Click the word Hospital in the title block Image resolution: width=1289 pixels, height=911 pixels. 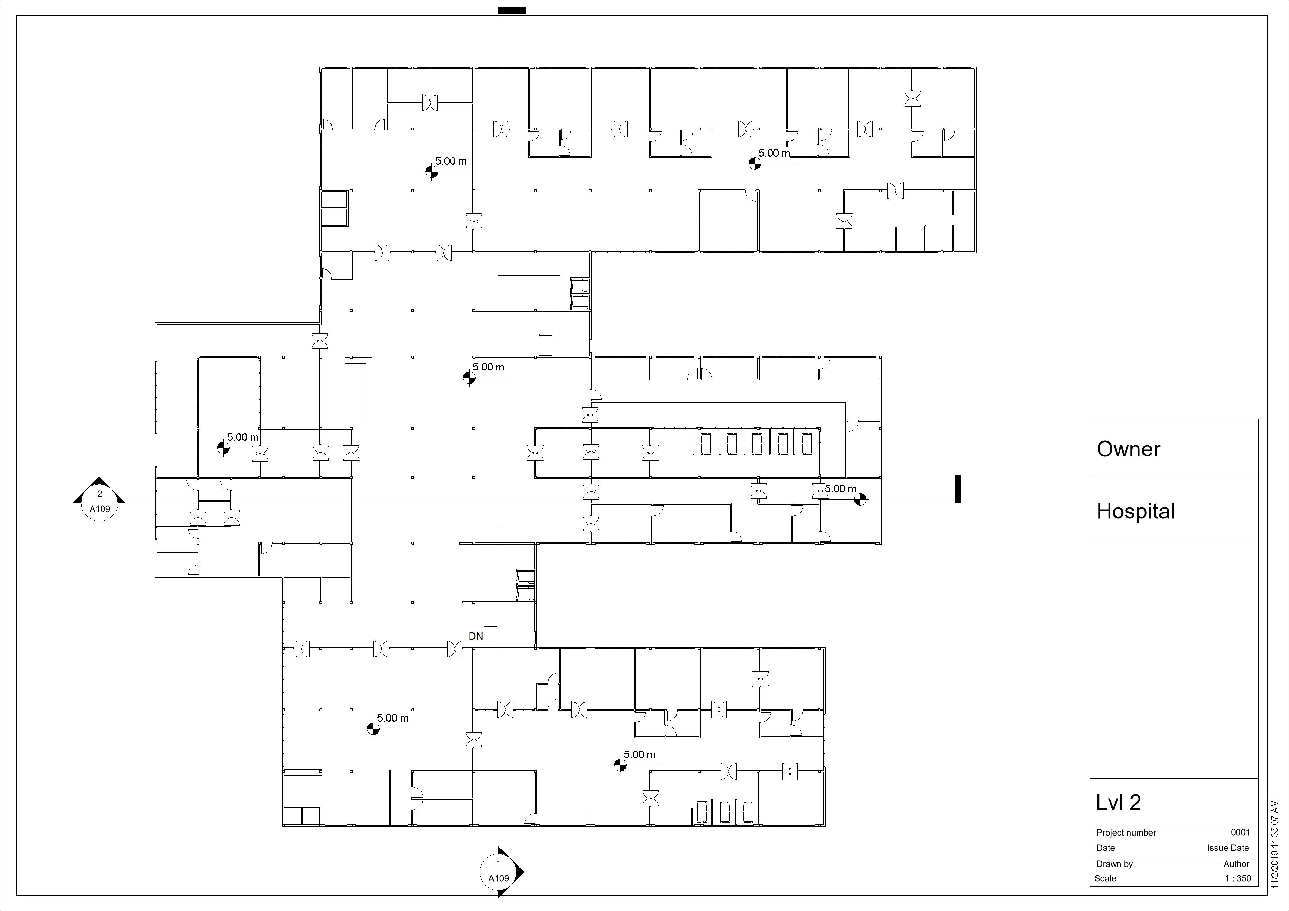(1135, 511)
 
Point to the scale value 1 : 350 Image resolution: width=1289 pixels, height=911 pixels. (1237, 878)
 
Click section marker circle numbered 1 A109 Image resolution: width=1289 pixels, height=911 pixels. (498, 871)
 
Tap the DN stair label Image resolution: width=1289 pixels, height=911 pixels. (476, 636)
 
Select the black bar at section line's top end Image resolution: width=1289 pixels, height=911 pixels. (511, 10)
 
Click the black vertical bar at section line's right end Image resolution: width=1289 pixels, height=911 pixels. (958, 489)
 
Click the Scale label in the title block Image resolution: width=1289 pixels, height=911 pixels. (1105, 878)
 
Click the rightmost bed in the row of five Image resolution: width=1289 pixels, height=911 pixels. (807, 444)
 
